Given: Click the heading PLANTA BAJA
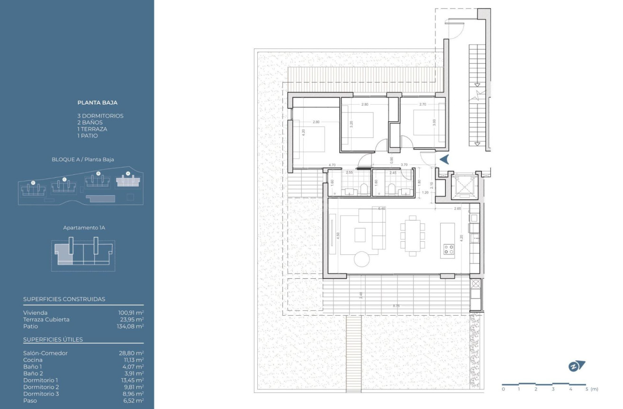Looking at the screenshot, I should point(97,102).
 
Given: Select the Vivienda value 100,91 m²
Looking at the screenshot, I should point(131,313).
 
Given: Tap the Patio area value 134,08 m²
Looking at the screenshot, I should point(131,326).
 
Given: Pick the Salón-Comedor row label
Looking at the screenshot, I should point(45,353).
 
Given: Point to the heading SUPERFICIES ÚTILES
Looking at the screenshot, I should point(53,339).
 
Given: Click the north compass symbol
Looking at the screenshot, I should point(577,366).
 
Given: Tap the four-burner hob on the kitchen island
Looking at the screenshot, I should point(448,249).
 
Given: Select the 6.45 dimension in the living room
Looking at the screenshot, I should point(382,208).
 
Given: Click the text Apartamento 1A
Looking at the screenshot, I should point(84,228).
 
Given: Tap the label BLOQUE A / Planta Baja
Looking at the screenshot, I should point(83,160).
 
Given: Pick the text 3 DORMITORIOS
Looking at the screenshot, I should point(100,116).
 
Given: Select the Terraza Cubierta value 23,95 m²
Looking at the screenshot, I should point(131,319).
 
